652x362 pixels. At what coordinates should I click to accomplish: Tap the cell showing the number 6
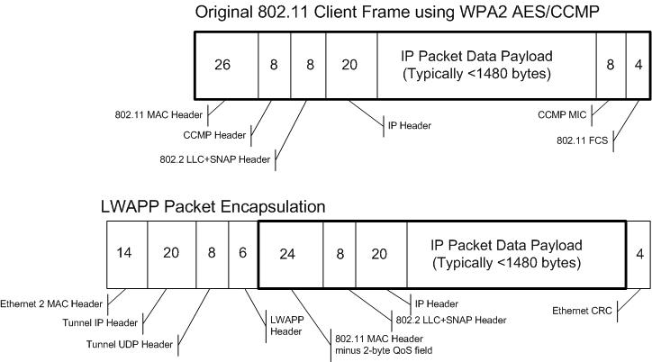pos(243,253)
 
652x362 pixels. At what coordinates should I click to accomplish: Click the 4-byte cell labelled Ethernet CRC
pos(638,253)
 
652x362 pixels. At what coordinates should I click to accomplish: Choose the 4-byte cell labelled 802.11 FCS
pos(638,64)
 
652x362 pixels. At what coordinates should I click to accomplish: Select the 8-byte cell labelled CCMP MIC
pos(611,64)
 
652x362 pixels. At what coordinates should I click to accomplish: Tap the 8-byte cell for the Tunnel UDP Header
pos(213,253)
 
